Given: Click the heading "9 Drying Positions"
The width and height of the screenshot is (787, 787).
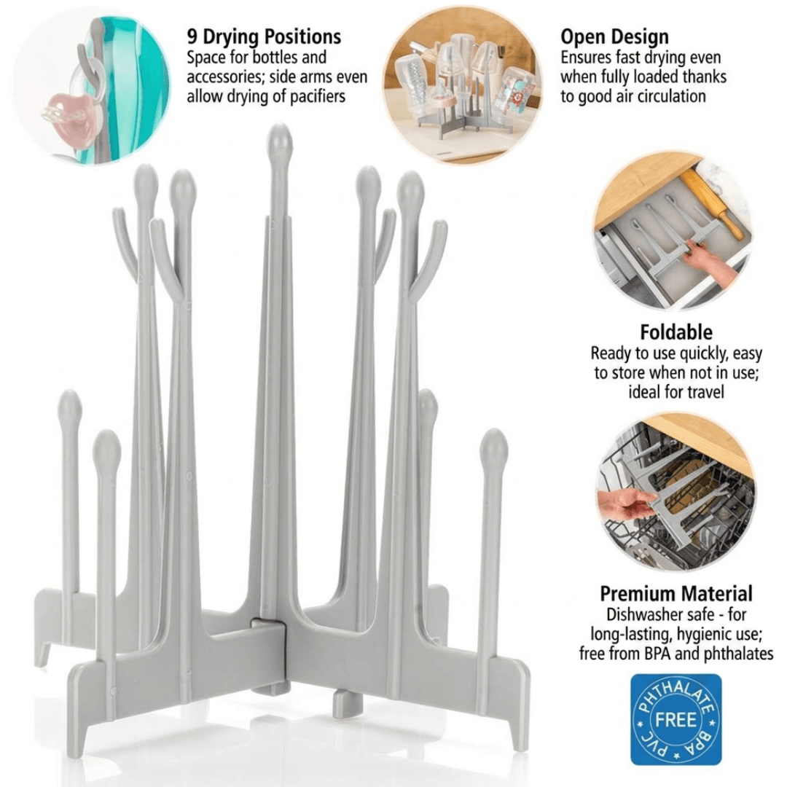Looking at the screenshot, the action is click(264, 37).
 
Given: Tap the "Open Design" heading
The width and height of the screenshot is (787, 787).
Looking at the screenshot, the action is click(614, 37).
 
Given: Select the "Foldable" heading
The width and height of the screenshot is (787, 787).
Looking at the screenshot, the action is click(676, 332).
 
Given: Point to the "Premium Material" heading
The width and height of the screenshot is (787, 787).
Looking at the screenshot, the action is click(676, 593).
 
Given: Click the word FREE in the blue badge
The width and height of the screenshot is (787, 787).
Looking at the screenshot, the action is click(676, 720).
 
